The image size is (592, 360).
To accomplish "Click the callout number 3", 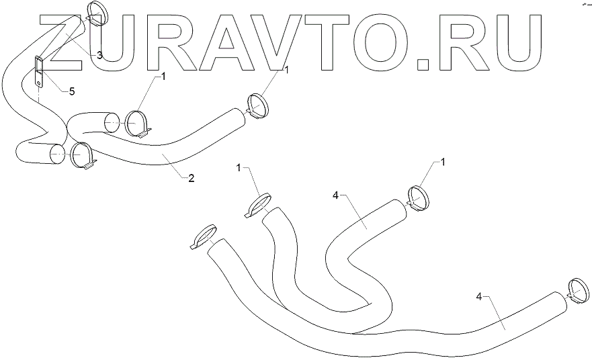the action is pos(99,55).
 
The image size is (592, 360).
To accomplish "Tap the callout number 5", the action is pos(72,90).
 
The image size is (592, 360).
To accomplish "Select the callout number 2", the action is pos(191,178).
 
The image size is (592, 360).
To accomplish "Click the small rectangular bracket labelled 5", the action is pos(40,71).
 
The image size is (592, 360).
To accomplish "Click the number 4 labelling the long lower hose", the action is pos(478,296).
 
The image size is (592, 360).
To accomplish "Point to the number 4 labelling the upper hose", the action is pos(335,195).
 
